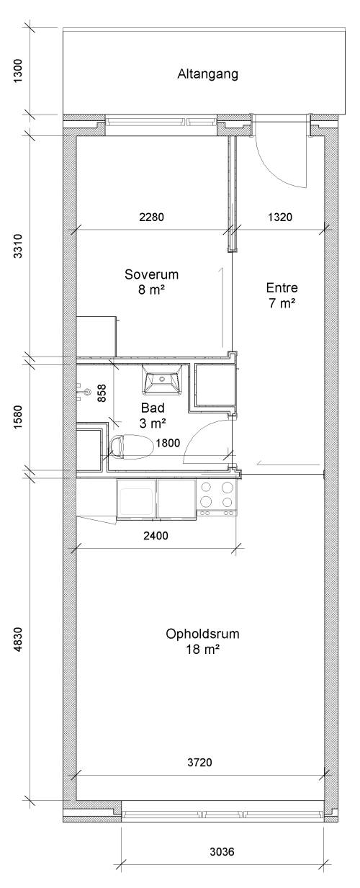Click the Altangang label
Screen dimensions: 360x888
(208, 74)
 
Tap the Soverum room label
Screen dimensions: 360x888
(151, 274)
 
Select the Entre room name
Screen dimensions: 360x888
(282, 287)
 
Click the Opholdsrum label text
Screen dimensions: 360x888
(202, 634)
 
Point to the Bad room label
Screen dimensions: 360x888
(153, 408)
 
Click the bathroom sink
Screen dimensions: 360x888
(163, 380)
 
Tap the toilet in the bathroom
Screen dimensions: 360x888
(131, 447)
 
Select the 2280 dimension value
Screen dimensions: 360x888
(151, 217)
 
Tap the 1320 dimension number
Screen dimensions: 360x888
(280, 217)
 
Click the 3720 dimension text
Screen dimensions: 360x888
(200, 762)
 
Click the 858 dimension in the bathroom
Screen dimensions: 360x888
(102, 393)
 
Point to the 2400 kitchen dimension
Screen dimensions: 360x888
(156, 536)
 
